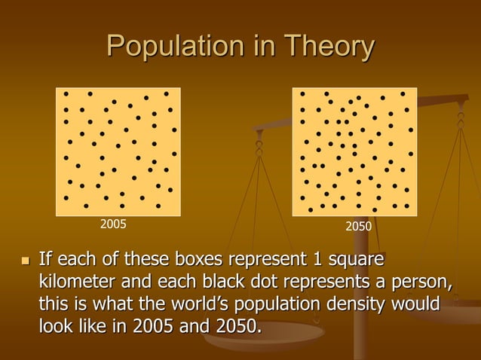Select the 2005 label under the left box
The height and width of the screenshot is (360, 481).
pos(114,224)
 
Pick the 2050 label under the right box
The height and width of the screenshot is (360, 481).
pos(358,225)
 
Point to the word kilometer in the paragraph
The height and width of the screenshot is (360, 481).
pos(75,282)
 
